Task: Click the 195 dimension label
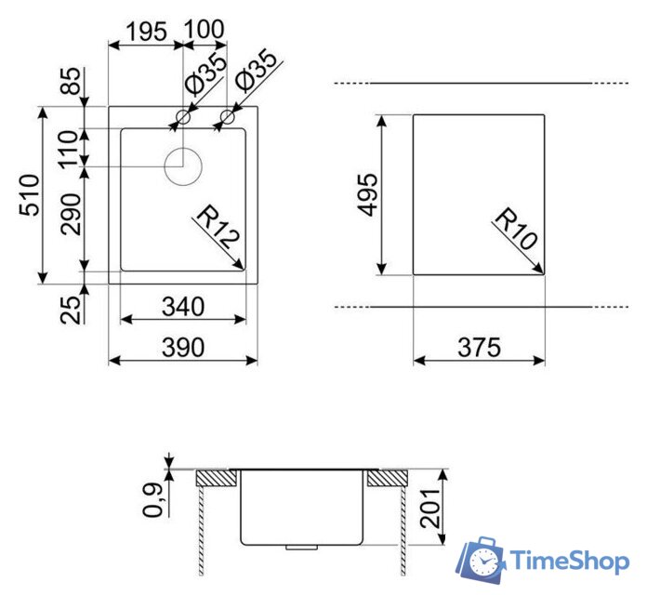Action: tap(146, 31)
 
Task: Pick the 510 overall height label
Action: tap(29, 195)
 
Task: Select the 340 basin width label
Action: tap(183, 305)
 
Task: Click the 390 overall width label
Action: tap(183, 347)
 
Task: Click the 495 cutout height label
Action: tap(368, 194)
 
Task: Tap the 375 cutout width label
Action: tap(480, 347)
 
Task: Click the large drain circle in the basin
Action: tap(183, 166)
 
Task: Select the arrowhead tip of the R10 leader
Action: tap(543, 273)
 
